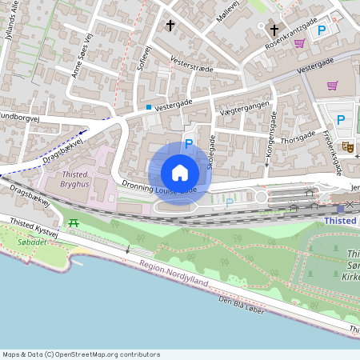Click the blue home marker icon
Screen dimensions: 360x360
pyautogui.click(x=180, y=173)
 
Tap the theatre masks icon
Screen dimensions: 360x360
pyautogui.click(x=347, y=146)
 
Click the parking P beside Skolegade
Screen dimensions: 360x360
pyautogui.click(x=189, y=144)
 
